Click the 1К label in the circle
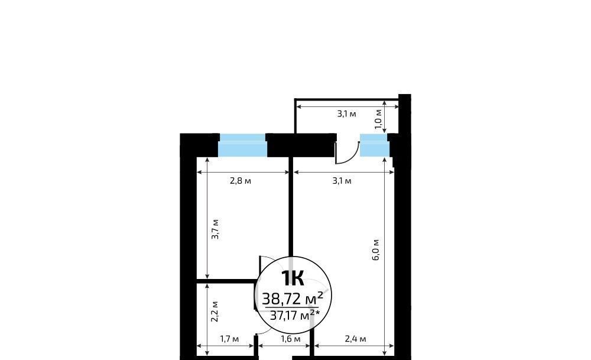(293, 278)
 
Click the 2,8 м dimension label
(241, 181)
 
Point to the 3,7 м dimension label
(215, 229)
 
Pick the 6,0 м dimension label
(376, 249)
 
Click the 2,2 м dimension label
(215, 312)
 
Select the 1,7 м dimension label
(229, 339)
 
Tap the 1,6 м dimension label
(291, 339)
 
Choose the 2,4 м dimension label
(355, 339)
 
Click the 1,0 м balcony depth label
(378, 119)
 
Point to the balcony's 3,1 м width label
(346, 113)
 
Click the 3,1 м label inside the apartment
(342, 181)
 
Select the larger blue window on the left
(243, 145)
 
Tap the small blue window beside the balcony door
(374, 145)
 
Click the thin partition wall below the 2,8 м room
(227, 281)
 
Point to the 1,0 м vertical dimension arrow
(385, 116)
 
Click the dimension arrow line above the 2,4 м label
(354, 345)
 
